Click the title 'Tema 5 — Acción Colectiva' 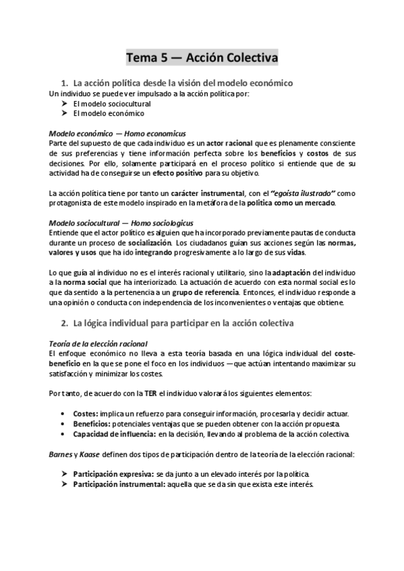click(x=202, y=58)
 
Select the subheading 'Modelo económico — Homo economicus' click(x=118, y=133)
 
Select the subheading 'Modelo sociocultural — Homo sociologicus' click(x=121, y=223)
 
